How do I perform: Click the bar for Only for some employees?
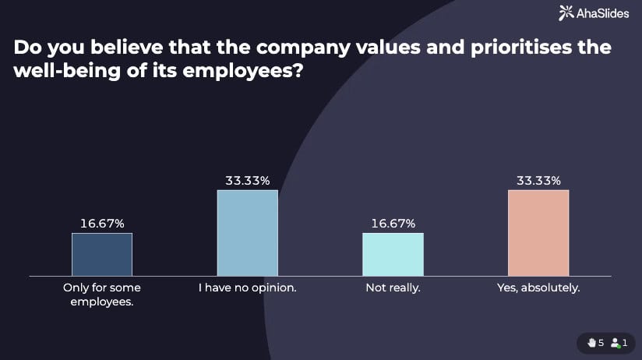(x=102, y=254)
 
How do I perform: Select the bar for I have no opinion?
(x=247, y=233)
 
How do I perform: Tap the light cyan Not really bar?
(x=393, y=254)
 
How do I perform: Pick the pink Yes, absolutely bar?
(x=538, y=233)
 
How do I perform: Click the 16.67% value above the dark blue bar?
(x=102, y=224)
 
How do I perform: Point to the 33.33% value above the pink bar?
(x=538, y=181)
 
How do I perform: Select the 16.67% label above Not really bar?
(x=393, y=224)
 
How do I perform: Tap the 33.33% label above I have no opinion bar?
(x=247, y=181)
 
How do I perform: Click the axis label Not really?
(x=393, y=288)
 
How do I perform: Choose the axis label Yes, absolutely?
(x=538, y=288)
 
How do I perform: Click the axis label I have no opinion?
(x=247, y=288)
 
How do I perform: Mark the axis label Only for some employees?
(x=102, y=295)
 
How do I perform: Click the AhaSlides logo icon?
(x=566, y=12)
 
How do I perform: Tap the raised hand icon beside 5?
(x=591, y=343)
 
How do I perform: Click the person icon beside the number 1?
(x=615, y=343)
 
